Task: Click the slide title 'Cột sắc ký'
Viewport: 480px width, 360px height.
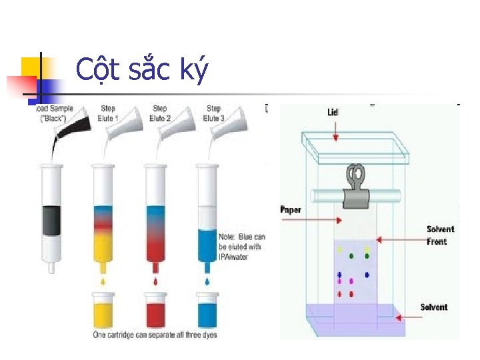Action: coord(142,69)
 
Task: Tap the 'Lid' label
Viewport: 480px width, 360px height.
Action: coord(332,112)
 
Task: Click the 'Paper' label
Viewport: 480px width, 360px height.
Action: coord(291,210)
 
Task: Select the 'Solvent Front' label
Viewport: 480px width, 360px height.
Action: coord(441,235)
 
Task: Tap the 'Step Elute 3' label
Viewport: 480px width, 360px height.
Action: coord(213,112)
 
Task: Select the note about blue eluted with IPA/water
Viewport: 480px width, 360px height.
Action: coord(241,247)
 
